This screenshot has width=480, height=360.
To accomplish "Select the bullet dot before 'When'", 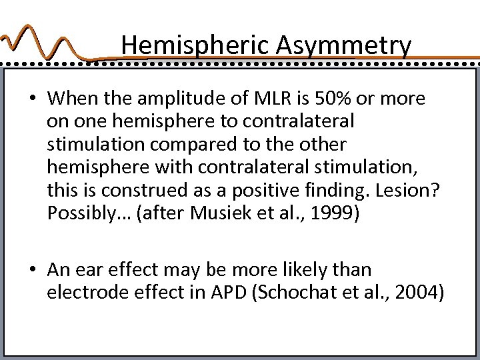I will (x=32, y=99).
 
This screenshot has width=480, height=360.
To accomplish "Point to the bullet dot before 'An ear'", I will (x=32, y=271).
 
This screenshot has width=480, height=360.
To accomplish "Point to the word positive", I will (x=253, y=191).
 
